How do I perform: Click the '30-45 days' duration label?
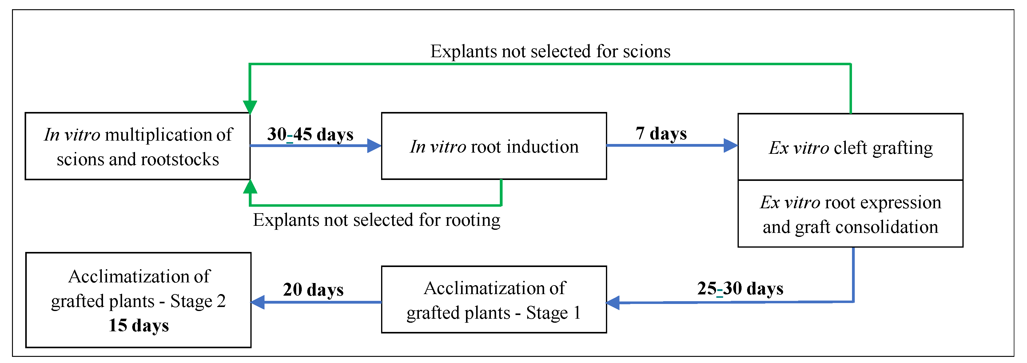310,135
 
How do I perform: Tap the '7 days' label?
661,134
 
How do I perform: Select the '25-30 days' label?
740,289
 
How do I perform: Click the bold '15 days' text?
138,325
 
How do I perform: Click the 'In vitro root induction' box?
494,146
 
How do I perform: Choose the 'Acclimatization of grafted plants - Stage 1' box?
494,300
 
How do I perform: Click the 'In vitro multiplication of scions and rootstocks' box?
137,146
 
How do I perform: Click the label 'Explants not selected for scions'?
550,51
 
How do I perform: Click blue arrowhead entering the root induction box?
374,146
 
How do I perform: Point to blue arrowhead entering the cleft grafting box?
730,145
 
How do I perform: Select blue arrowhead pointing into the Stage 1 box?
613,303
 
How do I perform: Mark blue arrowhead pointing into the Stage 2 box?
258,302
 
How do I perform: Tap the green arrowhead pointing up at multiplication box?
250,187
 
